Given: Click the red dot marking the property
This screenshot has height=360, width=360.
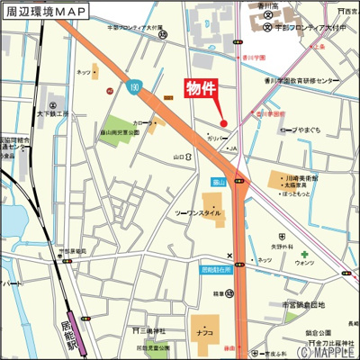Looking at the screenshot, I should pos(224,123).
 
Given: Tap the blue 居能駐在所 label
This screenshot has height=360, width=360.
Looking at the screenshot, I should pos(216,270).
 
